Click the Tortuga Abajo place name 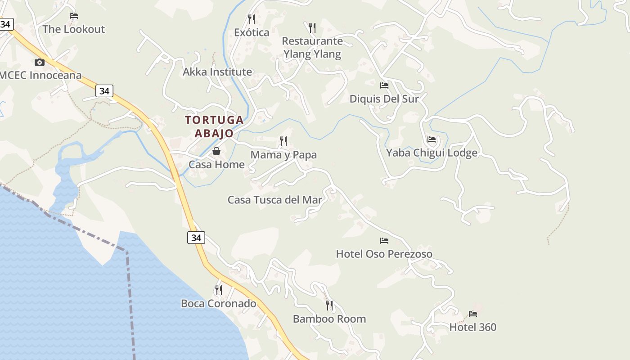pos(214,126)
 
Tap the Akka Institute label pos(217,72)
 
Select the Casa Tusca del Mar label pos(275,200)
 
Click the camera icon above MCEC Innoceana pos(40,63)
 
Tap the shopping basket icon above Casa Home pos(216,151)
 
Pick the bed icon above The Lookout pos(74,16)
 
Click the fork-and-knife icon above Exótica pos(252,19)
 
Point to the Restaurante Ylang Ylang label pos(312,48)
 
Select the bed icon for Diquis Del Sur pos(384,85)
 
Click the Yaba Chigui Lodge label pos(432,153)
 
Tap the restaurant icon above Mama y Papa pos(283,141)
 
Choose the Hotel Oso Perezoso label pos(384,254)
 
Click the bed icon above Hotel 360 pos(472,314)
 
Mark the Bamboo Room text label pos(329,319)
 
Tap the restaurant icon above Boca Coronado pos(218,290)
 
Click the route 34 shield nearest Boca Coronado pos(196,238)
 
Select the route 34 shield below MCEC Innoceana pos(104,91)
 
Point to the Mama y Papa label pos(283,155)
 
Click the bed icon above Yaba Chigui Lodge pos(432,139)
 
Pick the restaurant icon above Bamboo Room pos(329,306)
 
